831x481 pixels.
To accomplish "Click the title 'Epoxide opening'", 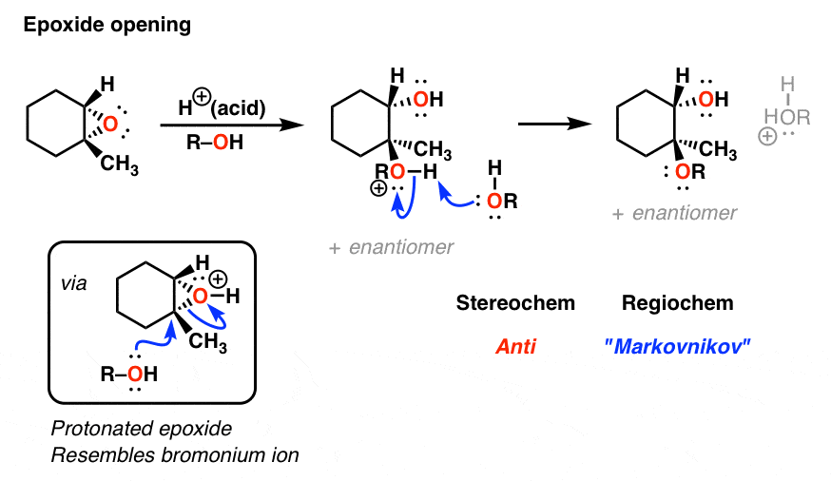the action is click(x=107, y=26).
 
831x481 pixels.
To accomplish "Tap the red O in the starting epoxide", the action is click(x=110, y=124).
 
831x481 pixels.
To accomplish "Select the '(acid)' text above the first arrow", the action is click(x=238, y=108).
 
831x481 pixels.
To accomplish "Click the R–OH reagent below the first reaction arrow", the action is click(x=215, y=142).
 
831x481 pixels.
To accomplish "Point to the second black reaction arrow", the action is click(x=554, y=124).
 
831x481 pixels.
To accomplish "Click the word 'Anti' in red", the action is click(x=515, y=347).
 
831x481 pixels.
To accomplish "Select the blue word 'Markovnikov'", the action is click(x=677, y=347).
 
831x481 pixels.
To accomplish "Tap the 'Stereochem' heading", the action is click(x=515, y=303).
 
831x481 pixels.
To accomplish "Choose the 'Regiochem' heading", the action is click(x=677, y=303).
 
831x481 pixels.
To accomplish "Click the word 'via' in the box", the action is click(x=73, y=284).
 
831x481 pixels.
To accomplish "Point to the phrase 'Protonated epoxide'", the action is click(x=142, y=429).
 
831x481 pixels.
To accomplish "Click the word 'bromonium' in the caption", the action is click(x=215, y=455).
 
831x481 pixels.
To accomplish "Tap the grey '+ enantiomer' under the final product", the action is click(x=674, y=213).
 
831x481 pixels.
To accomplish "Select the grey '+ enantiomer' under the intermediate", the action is click(x=391, y=247).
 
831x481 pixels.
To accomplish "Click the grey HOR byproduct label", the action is click(x=787, y=117).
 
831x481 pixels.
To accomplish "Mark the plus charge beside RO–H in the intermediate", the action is click(x=378, y=188).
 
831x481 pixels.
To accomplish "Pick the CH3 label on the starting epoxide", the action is click(x=119, y=164).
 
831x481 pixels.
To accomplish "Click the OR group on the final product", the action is click(x=690, y=172).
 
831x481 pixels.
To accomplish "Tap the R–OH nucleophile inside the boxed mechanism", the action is click(x=128, y=374).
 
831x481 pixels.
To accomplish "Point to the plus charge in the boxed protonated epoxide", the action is click(x=218, y=279).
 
